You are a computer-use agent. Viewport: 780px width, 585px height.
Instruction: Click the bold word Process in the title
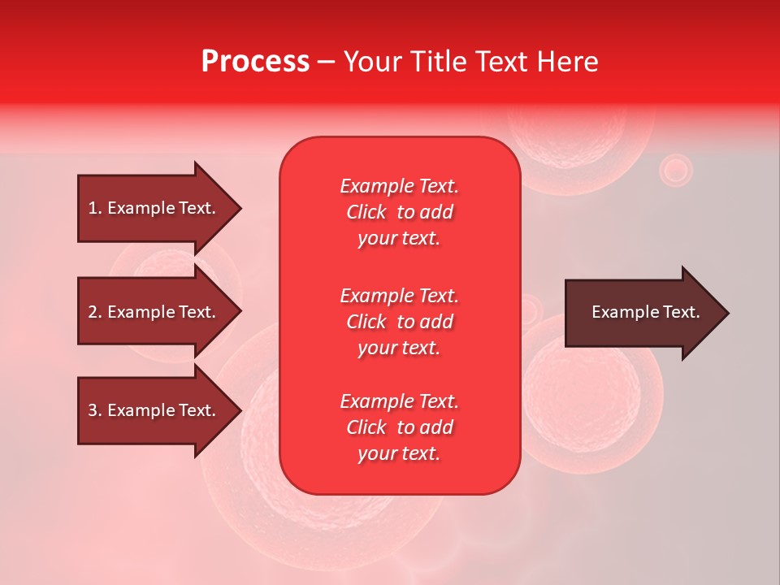pyautogui.click(x=255, y=62)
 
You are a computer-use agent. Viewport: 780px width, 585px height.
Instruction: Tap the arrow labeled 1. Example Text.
pyautogui.click(x=154, y=208)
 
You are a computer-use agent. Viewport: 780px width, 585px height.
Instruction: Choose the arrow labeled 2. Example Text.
pyautogui.click(x=154, y=312)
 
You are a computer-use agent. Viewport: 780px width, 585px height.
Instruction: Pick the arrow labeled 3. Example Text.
pyautogui.click(x=154, y=410)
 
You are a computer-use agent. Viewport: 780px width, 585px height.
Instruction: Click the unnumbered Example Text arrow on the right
pyautogui.click(x=642, y=313)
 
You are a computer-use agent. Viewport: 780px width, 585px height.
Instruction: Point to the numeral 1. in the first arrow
pyautogui.click(x=95, y=208)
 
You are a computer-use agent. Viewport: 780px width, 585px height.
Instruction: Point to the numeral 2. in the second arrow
pyautogui.click(x=95, y=312)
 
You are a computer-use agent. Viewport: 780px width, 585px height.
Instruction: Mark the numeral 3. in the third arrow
pyautogui.click(x=95, y=410)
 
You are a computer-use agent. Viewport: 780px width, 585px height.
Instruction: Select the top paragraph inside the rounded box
pyautogui.click(x=399, y=212)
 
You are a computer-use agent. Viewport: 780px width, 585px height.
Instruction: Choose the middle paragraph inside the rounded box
pyautogui.click(x=399, y=322)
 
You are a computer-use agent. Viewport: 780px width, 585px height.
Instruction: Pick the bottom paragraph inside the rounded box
pyautogui.click(x=399, y=427)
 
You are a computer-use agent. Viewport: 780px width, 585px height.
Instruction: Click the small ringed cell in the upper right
pyautogui.click(x=674, y=170)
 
